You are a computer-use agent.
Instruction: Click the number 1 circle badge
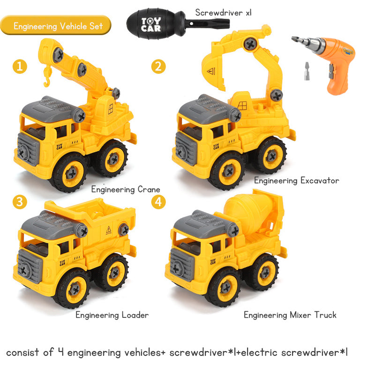[20, 66]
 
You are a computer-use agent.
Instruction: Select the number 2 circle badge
[158, 66]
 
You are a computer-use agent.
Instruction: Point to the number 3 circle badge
[20, 202]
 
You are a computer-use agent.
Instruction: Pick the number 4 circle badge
[158, 202]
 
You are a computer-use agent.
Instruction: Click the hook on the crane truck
[47, 76]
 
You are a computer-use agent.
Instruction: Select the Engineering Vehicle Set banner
[56, 25]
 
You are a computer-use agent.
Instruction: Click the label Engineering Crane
[126, 189]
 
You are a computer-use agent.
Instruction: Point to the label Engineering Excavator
[297, 180]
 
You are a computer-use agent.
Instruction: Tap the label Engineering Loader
[112, 315]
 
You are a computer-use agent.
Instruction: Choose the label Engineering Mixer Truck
[290, 315]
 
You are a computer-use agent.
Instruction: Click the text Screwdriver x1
[224, 13]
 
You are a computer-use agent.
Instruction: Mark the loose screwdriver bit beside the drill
[307, 71]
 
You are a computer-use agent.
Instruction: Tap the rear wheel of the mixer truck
[263, 272]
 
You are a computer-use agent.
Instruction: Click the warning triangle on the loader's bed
[109, 230]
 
